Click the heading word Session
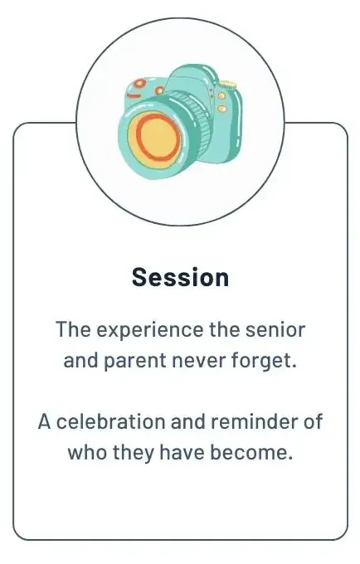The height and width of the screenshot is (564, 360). click(x=180, y=277)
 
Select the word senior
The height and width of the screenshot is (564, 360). click(x=275, y=330)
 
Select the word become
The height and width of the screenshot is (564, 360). click(x=251, y=453)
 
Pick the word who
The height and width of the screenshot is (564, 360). click(x=87, y=453)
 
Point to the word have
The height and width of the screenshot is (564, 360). click(x=182, y=453)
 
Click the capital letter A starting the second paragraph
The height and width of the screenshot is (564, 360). click(x=45, y=422)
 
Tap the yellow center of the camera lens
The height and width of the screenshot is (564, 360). click(x=155, y=137)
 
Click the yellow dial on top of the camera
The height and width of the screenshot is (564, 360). click(x=228, y=85)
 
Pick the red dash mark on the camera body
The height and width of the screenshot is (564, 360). click(x=134, y=95)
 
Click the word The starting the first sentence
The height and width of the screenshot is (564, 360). click(x=73, y=330)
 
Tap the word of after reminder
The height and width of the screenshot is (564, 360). click(x=313, y=422)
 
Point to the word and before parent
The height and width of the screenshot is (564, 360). click(x=80, y=361)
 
